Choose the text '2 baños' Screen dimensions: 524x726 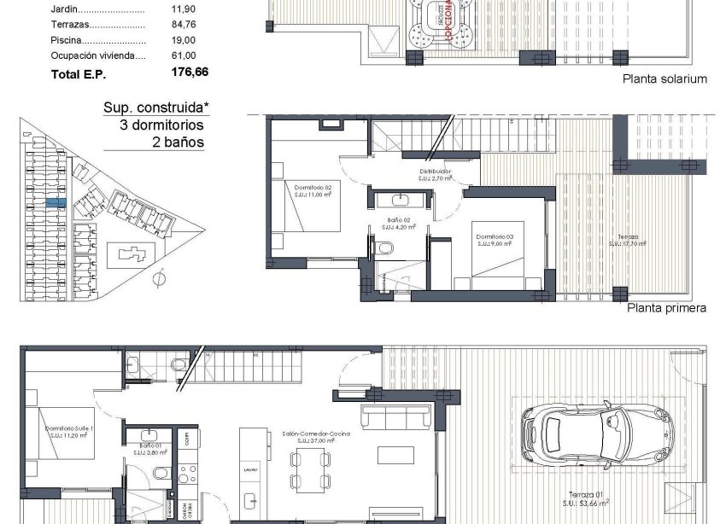tap(177, 142)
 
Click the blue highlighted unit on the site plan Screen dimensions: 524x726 tap(56, 203)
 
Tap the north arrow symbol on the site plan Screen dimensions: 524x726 tap(160, 277)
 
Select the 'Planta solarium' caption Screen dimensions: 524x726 tap(665, 79)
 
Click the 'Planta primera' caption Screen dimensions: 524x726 tap(666, 307)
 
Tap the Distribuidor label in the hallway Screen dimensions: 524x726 tap(435, 175)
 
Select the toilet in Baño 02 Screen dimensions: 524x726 tap(384, 248)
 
